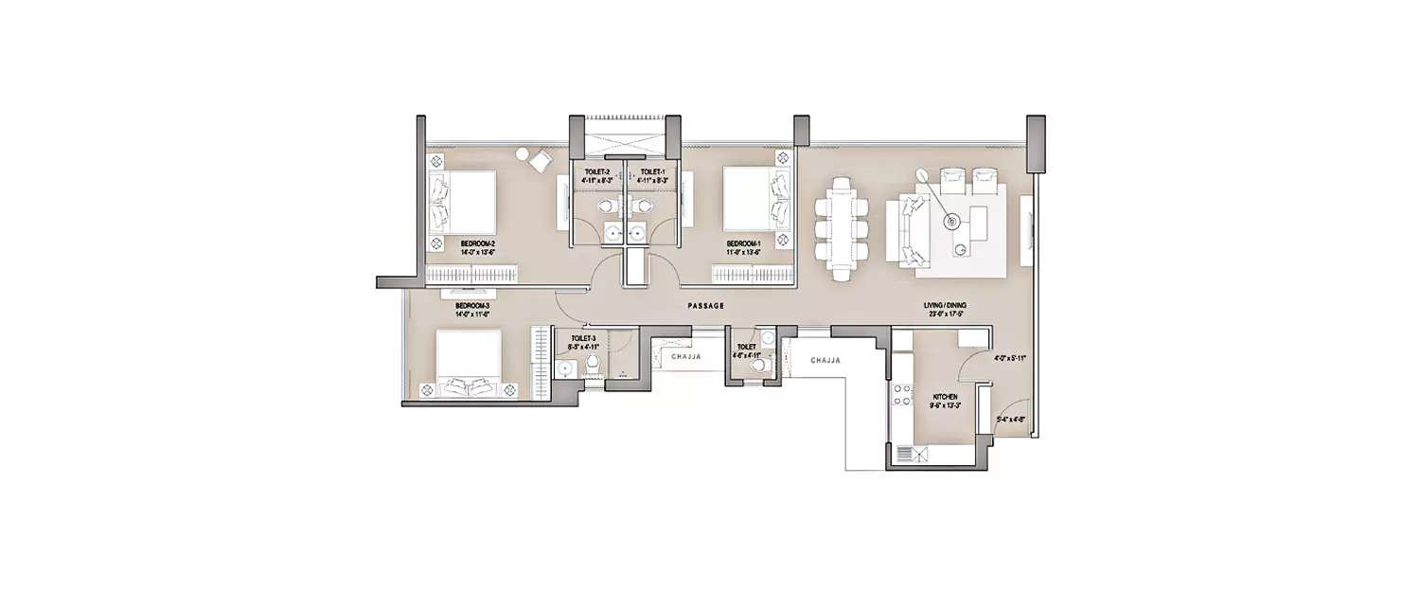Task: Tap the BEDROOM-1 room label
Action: click(x=741, y=242)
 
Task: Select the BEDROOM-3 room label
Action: click(x=470, y=306)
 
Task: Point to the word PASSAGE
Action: click(x=706, y=306)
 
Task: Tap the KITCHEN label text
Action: click(x=945, y=396)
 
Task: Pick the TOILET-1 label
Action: click(x=652, y=172)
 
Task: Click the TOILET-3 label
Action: click(x=582, y=338)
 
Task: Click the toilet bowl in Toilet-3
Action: click(x=591, y=366)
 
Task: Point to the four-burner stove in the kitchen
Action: click(x=898, y=399)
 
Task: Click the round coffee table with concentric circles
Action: click(x=950, y=222)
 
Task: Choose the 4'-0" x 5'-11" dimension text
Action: click(x=1010, y=359)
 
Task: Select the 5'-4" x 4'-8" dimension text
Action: click(x=1010, y=419)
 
